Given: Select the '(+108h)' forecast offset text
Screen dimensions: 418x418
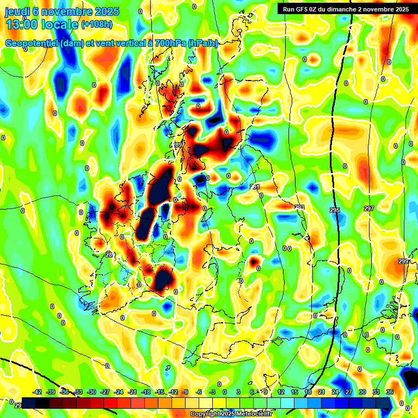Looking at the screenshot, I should [x=97, y=24].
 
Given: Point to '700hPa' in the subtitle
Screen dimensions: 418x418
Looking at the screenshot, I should [x=167, y=44].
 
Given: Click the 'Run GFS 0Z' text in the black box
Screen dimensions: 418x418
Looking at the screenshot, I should [x=302, y=9].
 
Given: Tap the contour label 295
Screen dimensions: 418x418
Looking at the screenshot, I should [x=334, y=210].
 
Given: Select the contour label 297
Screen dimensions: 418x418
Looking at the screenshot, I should [x=369, y=209].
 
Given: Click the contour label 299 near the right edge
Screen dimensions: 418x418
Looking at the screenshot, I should [x=403, y=262].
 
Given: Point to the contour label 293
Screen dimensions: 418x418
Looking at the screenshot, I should [x=299, y=207].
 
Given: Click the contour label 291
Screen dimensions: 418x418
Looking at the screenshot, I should [x=255, y=187].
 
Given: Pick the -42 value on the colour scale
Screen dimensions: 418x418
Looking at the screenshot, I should [x=38, y=392].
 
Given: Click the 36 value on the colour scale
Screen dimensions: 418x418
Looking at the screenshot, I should [x=389, y=392].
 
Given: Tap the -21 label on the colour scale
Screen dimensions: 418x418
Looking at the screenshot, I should [x=132, y=392].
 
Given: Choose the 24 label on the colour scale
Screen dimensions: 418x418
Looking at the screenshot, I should [x=335, y=392].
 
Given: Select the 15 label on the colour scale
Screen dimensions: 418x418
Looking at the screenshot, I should [x=294, y=392].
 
